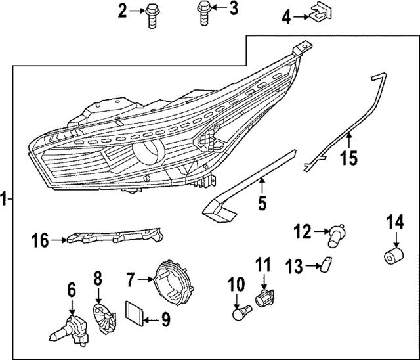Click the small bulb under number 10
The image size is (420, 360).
(242, 313)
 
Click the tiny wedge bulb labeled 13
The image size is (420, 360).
(323, 264)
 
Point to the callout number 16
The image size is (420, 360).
(41, 241)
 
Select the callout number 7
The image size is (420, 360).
(131, 281)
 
